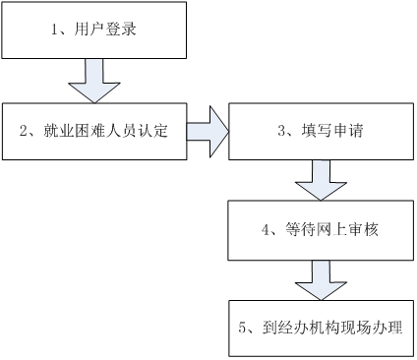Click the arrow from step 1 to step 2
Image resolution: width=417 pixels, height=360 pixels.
tap(93, 78)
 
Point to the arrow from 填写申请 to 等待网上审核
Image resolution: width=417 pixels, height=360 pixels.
tap(321, 179)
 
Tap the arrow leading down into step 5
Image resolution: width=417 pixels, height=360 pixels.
tap(321, 277)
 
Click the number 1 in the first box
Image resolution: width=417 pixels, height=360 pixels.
tap(55, 30)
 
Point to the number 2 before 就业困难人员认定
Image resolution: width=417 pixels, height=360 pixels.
tap(24, 129)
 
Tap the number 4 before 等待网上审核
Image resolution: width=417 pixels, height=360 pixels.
tap(266, 230)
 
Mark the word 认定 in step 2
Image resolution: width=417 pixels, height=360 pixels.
tap(155, 129)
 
